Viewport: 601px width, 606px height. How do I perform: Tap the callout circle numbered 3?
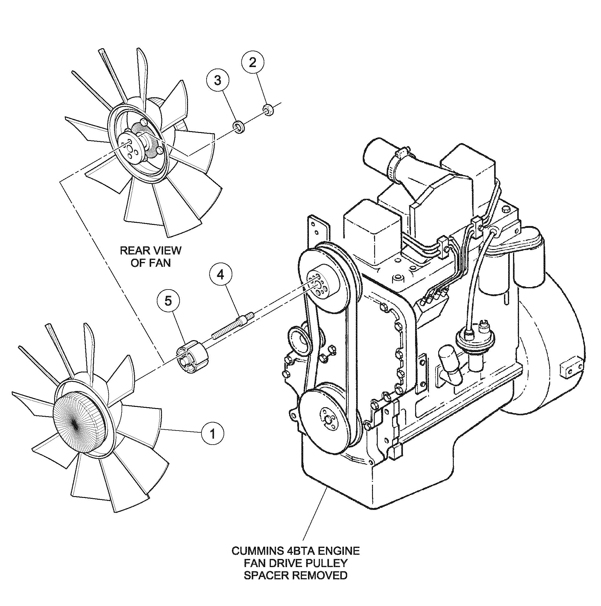[x=218, y=80]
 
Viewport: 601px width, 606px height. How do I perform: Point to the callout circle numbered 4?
[x=221, y=275]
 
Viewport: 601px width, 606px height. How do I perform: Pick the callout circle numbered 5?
[x=168, y=301]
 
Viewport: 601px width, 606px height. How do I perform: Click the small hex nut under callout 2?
[x=268, y=110]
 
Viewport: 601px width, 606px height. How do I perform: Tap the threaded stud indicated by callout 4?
[x=232, y=325]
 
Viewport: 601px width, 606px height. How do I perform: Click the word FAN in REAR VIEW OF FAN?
[x=160, y=263]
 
